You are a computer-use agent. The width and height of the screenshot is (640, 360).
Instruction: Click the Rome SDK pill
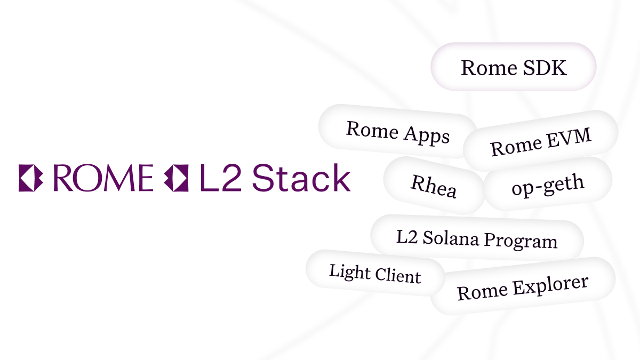tap(513, 67)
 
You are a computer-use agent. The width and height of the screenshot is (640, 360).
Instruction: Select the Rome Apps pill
tap(398, 132)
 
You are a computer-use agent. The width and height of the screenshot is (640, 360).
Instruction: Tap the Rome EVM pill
tap(540, 141)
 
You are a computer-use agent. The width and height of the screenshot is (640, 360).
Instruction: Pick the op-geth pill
tap(547, 185)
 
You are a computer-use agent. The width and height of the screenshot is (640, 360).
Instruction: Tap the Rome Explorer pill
tap(523, 287)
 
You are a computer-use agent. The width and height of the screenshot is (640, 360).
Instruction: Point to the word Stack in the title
tap(301, 178)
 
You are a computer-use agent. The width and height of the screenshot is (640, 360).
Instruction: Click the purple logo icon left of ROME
tap(30, 178)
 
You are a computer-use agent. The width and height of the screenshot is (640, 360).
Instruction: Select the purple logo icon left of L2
tap(176, 178)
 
